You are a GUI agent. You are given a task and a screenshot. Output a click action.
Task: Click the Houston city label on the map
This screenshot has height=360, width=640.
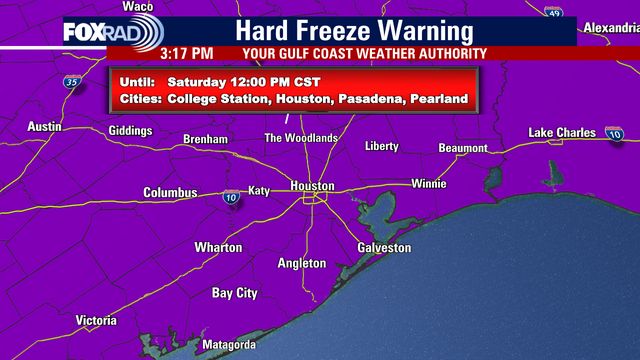pyautogui.click(x=312, y=186)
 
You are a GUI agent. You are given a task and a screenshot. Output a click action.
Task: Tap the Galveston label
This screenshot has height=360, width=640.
pyautogui.click(x=384, y=247)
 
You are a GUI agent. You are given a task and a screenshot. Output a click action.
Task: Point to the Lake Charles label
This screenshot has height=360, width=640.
pyautogui.click(x=562, y=133)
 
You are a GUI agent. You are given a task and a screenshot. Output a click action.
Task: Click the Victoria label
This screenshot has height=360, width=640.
pyautogui.click(x=102, y=320)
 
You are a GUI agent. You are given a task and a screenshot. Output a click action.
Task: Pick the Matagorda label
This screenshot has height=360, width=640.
pyautogui.click(x=231, y=345)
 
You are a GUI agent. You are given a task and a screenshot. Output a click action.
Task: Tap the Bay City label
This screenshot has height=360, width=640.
pyautogui.click(x=235, y=293)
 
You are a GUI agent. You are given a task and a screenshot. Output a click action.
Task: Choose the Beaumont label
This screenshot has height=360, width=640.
pyautogui.click(x=463, y=148)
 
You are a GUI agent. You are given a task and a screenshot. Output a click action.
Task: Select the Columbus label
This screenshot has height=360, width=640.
pyautogui.click(x=170, y=193)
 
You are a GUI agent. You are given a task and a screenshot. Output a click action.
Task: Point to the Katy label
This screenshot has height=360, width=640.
pyautogui.click(x=259, y=190)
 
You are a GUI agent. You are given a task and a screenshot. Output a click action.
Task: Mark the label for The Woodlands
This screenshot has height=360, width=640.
pyautogui.click(x=300, y=137)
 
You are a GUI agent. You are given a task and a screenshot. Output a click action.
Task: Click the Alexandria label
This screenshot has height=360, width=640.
pyautogui.click(x=611, y=27)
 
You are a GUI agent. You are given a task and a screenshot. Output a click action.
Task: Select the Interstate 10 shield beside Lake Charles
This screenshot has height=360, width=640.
pyautogui.click(x=614, y=133)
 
